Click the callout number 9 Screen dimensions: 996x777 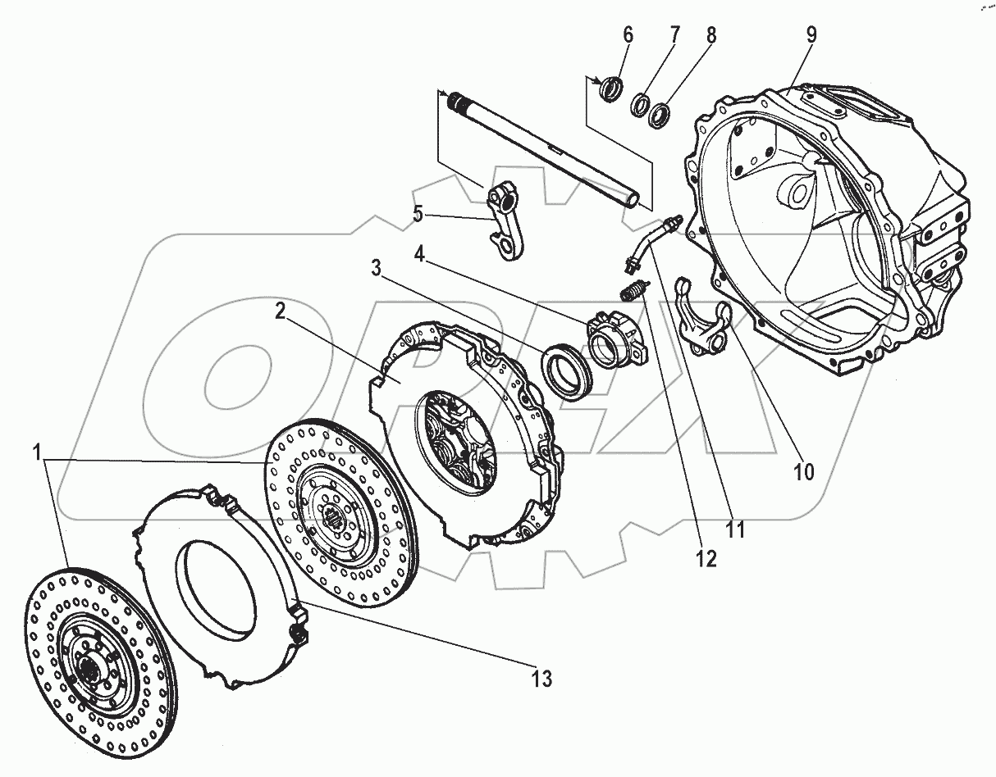point(811,34)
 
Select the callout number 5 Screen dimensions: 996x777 point(418,214)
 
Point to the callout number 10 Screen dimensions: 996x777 point(803,472)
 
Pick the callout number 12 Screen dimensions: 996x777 point(706,559)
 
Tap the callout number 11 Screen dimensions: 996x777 point(735,529)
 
